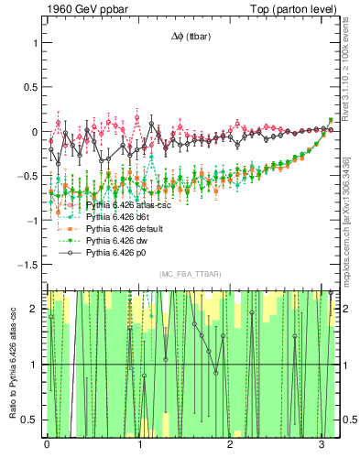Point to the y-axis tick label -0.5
click(27, 176)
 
